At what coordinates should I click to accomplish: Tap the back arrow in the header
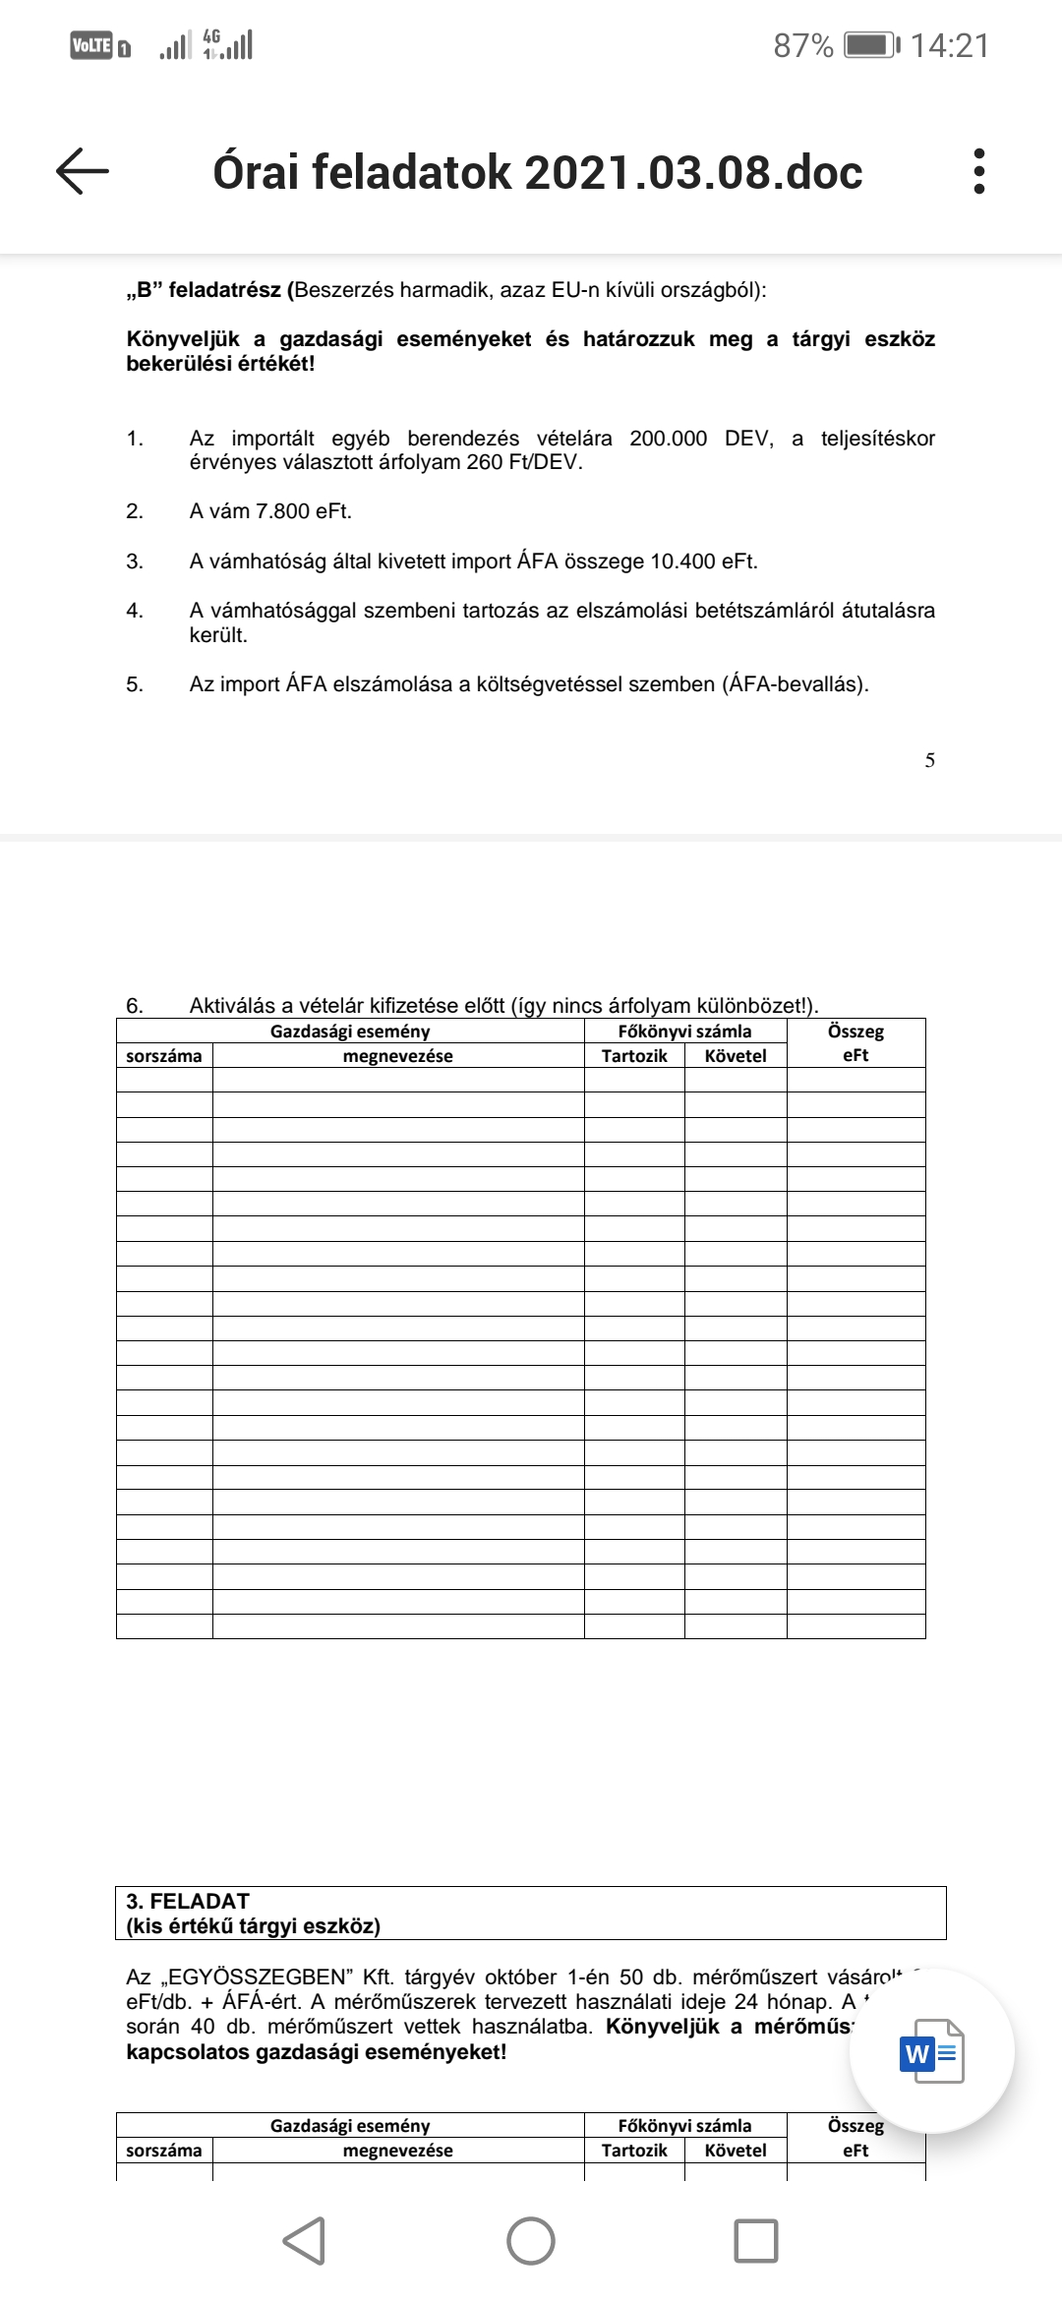click(83, 171)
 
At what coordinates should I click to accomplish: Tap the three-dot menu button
click(977, 171)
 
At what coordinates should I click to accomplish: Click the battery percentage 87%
click(802, 45)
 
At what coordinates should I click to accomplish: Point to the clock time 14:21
click(949, 45)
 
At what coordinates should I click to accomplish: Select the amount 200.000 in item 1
click(668, 439)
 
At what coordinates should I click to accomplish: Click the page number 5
click(929, 760)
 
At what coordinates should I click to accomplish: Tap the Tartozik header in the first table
click(634, 1056)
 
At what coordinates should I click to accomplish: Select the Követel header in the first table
click(736, 1056)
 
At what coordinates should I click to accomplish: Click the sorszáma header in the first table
click(164, 1056)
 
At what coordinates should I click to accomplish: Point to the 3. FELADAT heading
click(188, 1901)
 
